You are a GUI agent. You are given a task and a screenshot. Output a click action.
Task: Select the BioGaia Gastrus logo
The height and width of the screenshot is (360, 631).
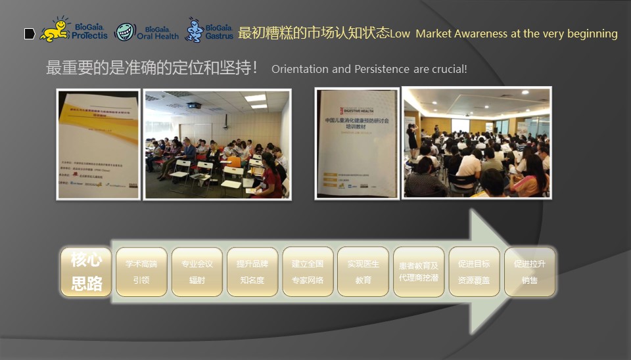tap(210, 31)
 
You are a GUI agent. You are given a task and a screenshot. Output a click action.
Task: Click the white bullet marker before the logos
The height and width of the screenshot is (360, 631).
tap(30, 34)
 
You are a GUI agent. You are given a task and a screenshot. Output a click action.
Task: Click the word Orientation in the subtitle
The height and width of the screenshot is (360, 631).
tap(300, 69)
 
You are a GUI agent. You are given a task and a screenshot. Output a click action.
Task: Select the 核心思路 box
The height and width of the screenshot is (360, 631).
tap(86, 271)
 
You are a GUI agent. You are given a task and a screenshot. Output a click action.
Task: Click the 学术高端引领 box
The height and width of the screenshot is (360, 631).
tap(141, 272)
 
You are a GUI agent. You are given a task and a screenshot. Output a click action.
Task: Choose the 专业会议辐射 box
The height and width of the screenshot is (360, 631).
tap(197, 272)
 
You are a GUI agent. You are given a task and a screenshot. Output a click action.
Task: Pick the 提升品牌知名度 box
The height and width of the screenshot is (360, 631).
tap(252, 272)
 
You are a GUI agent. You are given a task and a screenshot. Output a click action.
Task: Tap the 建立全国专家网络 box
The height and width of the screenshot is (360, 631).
tap(308, 272)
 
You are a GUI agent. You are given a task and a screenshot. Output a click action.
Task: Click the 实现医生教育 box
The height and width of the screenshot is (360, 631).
tap(363, 272)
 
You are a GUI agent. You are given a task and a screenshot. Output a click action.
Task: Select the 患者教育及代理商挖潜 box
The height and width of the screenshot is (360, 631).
tap(419, 272)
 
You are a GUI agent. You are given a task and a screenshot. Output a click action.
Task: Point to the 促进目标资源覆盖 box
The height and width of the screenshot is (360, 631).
tap(474, 272)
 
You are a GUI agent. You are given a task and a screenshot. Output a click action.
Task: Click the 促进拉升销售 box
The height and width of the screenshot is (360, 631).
tap(530, 272)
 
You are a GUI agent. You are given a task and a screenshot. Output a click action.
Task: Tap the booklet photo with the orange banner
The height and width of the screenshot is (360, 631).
tap(98, 144)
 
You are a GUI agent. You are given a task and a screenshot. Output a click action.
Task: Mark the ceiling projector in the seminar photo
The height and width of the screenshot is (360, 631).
tap(193, 105)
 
